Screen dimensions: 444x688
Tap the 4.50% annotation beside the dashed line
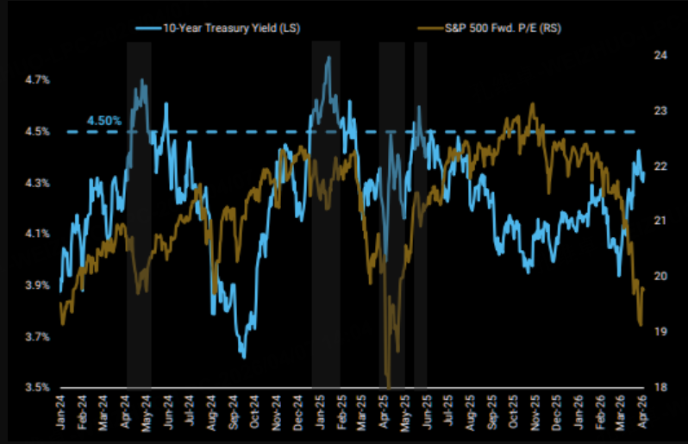coord(104,121)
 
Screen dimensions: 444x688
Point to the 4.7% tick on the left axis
coord(37,80)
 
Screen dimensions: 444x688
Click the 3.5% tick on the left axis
coord(37,387)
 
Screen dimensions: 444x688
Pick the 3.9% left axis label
coord(37,285)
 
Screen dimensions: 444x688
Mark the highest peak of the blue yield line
coord(328,57)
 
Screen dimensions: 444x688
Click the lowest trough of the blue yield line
coord(244,357)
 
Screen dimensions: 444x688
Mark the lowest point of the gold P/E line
coord(389,387)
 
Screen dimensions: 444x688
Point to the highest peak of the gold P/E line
coord(533,103)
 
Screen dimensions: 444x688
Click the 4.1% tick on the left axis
coord(37,234)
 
